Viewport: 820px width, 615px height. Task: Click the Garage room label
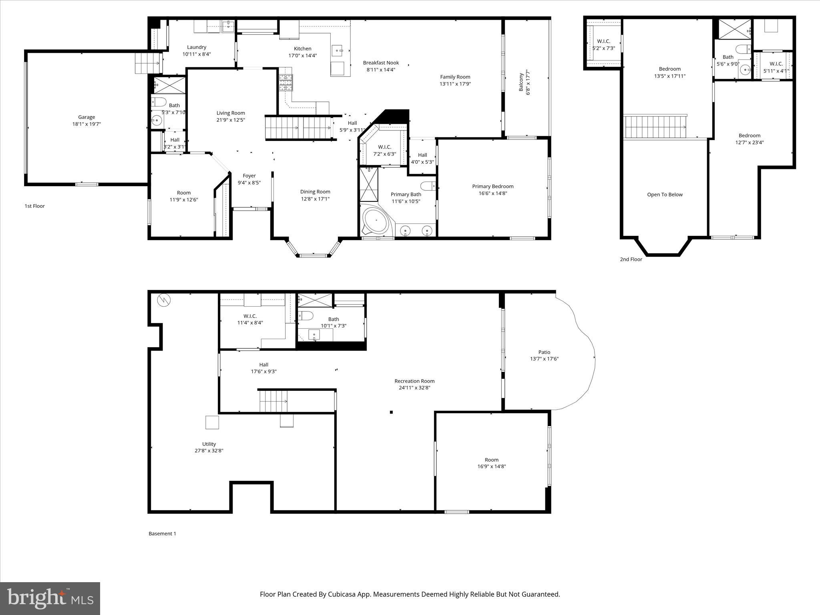[x=86, y=117]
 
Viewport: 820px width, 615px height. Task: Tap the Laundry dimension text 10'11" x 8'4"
[x=197, y=54]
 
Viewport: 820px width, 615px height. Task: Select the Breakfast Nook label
[x=381, y=62]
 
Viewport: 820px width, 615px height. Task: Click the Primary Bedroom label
[x=492, y=186]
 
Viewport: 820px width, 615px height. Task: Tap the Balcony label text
[x=521, y=82]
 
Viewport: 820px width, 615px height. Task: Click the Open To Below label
[x=665, y=195]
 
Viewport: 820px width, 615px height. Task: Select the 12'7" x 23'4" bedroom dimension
[x=749, y=142]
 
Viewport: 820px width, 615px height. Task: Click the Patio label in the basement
[x=544, y=352]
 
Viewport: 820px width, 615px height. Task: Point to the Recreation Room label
[x=414, y=381]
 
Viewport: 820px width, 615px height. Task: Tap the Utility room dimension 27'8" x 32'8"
[x=209, y=450]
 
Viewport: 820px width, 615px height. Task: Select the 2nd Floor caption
[x=631, y=259]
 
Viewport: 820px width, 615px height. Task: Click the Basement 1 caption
[x=162, y=533]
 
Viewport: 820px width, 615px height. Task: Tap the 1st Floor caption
[x=35, y=206]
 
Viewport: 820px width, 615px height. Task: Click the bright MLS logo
[x=50, y=598]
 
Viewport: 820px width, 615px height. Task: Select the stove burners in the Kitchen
[x=286, y=83]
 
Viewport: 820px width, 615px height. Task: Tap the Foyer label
[x=249, y=176]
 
